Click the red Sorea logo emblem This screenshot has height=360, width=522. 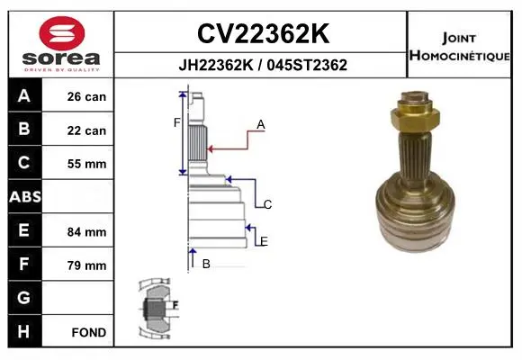point(62,33)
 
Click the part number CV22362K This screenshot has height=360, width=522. point(263,33)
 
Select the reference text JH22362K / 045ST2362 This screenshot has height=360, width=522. point(263,65)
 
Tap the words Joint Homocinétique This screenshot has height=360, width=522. point(459,47)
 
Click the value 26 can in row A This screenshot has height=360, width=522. point(86,96)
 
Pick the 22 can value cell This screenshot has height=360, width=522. point(86,130)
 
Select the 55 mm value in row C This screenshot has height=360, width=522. point(86,164)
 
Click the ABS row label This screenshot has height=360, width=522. point(25,196)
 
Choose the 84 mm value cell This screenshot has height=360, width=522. point(86,232)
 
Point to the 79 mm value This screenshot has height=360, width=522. point(86,265)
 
